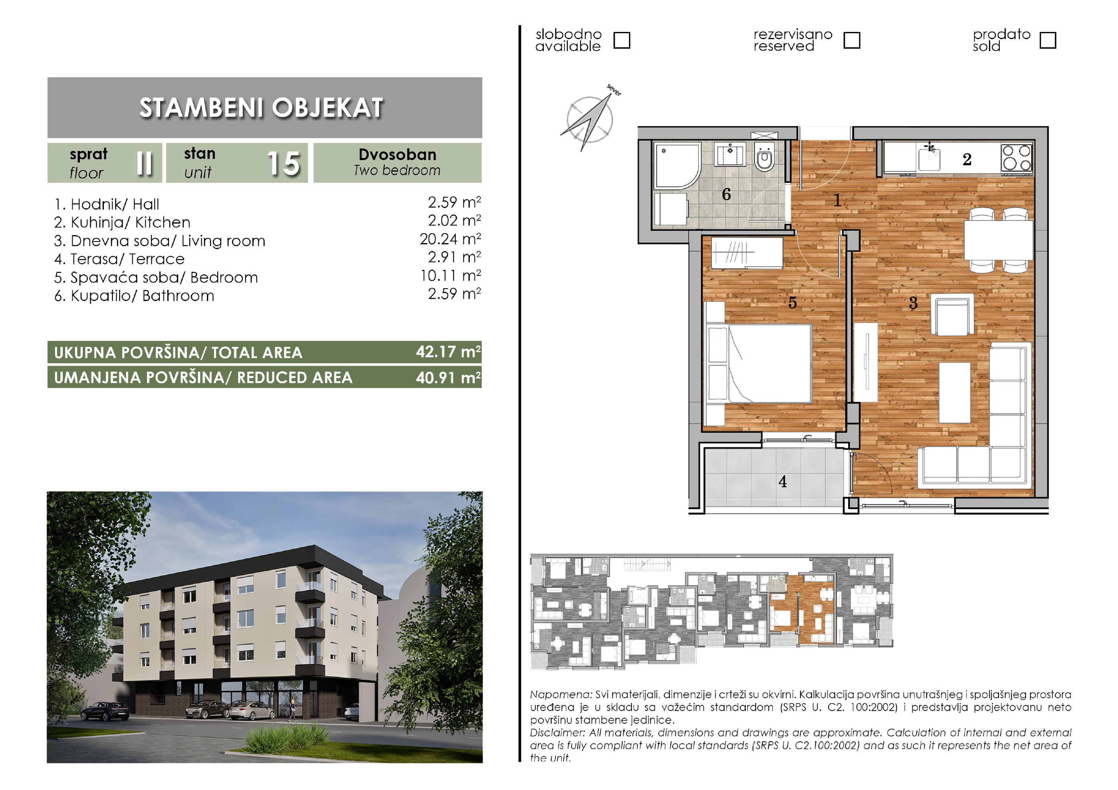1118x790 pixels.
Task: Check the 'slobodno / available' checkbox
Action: (x=622, y=40)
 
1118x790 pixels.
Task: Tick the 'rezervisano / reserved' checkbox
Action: (x=852, y=40)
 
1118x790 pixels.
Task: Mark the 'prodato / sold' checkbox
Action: (x=1048, y=40)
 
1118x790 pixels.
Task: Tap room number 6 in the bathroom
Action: (x=726, y=194)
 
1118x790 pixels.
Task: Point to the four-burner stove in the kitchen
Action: (x=1016, y=158)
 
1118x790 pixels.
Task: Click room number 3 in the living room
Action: (x=913, y=303)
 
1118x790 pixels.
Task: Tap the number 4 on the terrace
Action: (x=782, y=481)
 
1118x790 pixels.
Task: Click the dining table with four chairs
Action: (x=999, y=240)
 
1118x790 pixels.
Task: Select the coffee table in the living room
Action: (x=954, y=392)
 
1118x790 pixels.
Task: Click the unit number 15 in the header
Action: (x=284, y=164)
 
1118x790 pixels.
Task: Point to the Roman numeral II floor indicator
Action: (x=145, y=163)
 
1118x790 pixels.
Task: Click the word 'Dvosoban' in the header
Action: (x=397, y=154)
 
